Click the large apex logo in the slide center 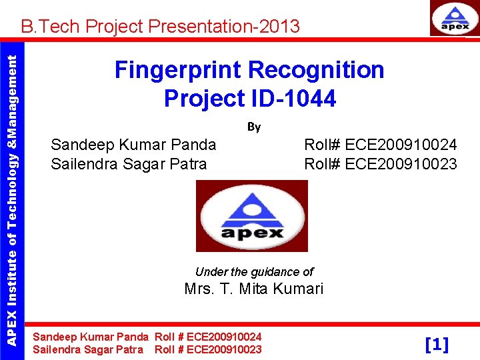tap(252, 217)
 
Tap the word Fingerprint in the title tap(177, 70)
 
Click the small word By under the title tap(254, 127)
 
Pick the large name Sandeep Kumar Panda tap(133, 145)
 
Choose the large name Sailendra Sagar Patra tap(129, 164)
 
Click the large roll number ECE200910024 tap(401, 145)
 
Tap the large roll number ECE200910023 tap(401, 164)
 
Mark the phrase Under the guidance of tap(254, 272)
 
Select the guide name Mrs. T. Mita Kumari tap(253, 289)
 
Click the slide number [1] tap(437, 344)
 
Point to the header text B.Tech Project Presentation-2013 tap(160, 27)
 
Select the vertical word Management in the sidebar tap(12, 87)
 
